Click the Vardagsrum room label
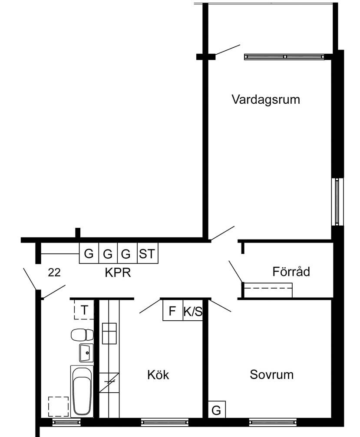[x=266, y=100]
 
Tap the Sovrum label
[x=271, y=375]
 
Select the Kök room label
[x=158, y=375]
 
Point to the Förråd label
[x=291, y=272]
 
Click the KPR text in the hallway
[x=118, y=273]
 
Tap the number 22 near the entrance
[x=54, y=273]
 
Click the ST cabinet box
[x=148, y=253]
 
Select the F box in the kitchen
[x=173, y=310]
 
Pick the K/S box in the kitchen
[x=193, y=310]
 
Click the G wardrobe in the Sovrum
[x=217, y=409]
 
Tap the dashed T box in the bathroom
[x=84, y=309]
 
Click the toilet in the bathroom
[x=82, y=335]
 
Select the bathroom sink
[x=86, y=353]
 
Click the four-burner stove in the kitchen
[x=109, y=333]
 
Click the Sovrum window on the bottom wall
[x=272, y=422]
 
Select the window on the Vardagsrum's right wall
[x=337, y=202]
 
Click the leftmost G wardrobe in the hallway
[x=89, y=253]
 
